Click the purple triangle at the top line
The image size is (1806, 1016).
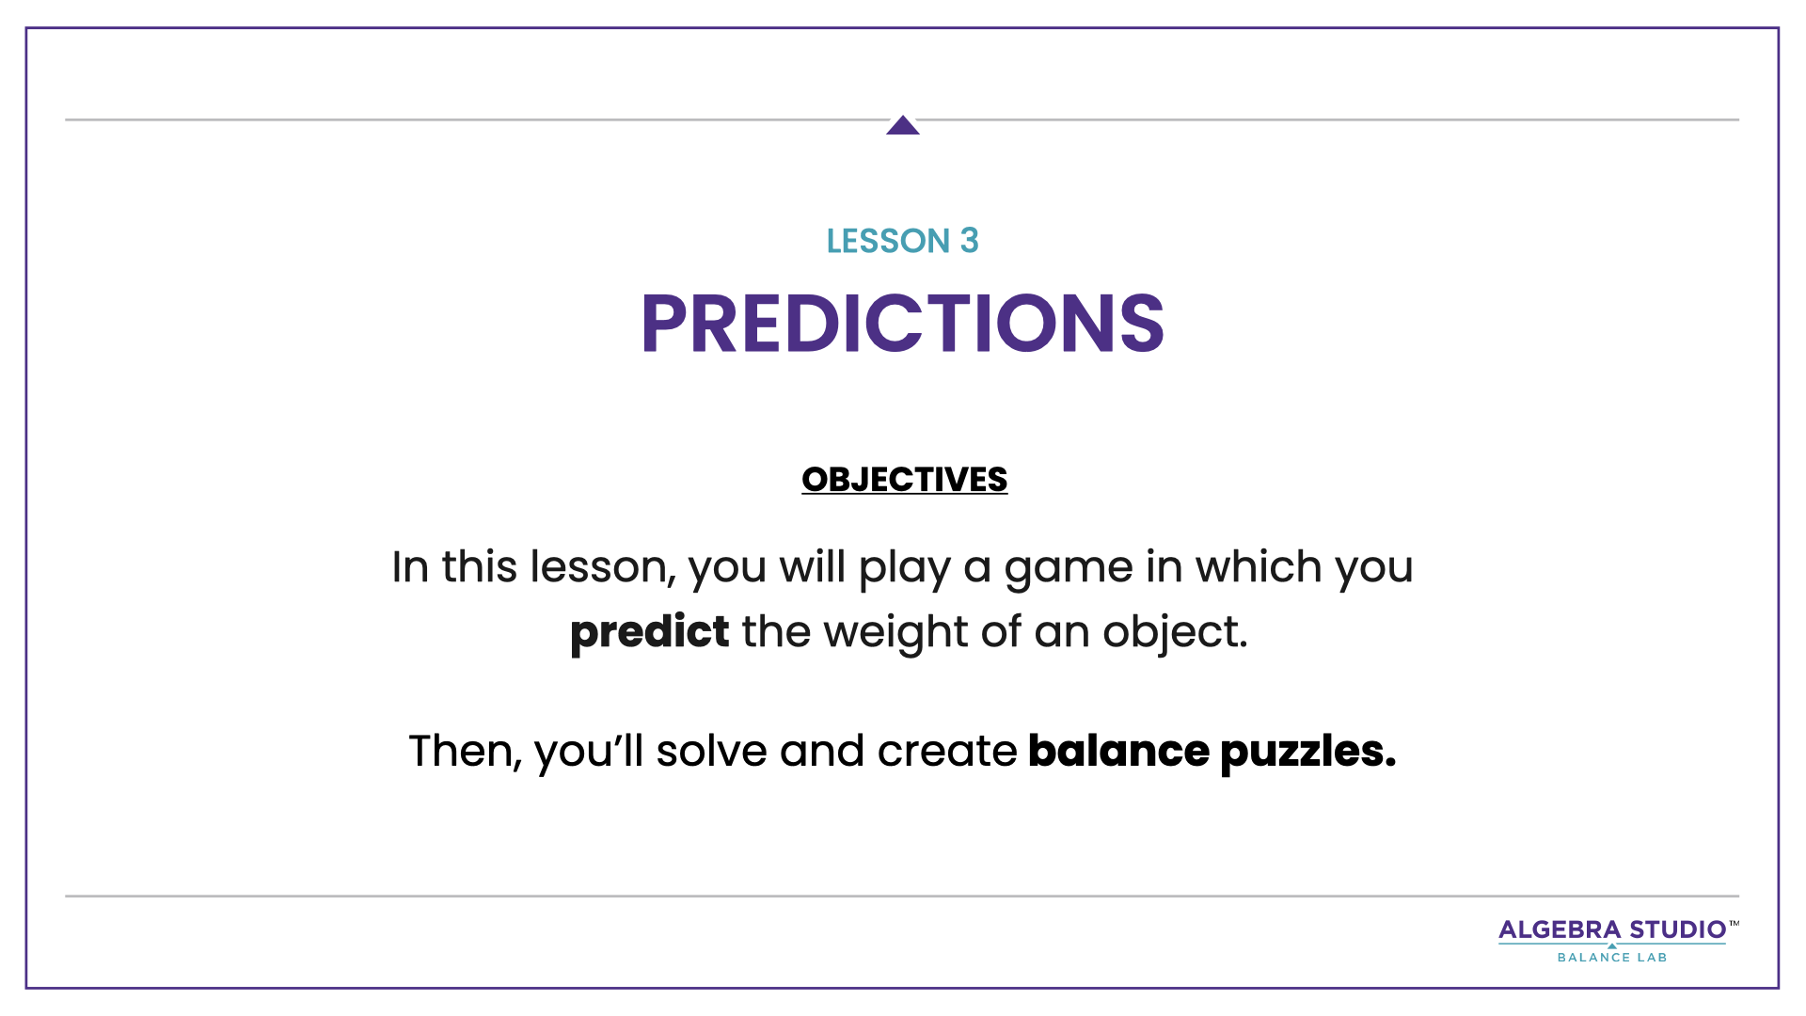coord(903,126)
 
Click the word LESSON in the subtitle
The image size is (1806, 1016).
coord(888,241)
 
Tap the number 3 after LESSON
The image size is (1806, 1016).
coord(970,241)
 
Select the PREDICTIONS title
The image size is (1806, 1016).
coord(903,324)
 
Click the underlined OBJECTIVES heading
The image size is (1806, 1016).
coord(904,480)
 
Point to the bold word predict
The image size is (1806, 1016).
coord(649,631)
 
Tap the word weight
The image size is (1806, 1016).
coord(895,631)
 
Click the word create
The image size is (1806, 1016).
coord(946,751)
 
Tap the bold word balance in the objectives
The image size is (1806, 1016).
coord(1118,751)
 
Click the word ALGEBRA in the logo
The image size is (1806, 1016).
coord(1560,929)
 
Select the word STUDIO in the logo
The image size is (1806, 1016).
coord(1678,929)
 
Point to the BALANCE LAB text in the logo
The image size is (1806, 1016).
coord(1612,958)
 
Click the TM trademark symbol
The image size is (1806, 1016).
coord(1734,924)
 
